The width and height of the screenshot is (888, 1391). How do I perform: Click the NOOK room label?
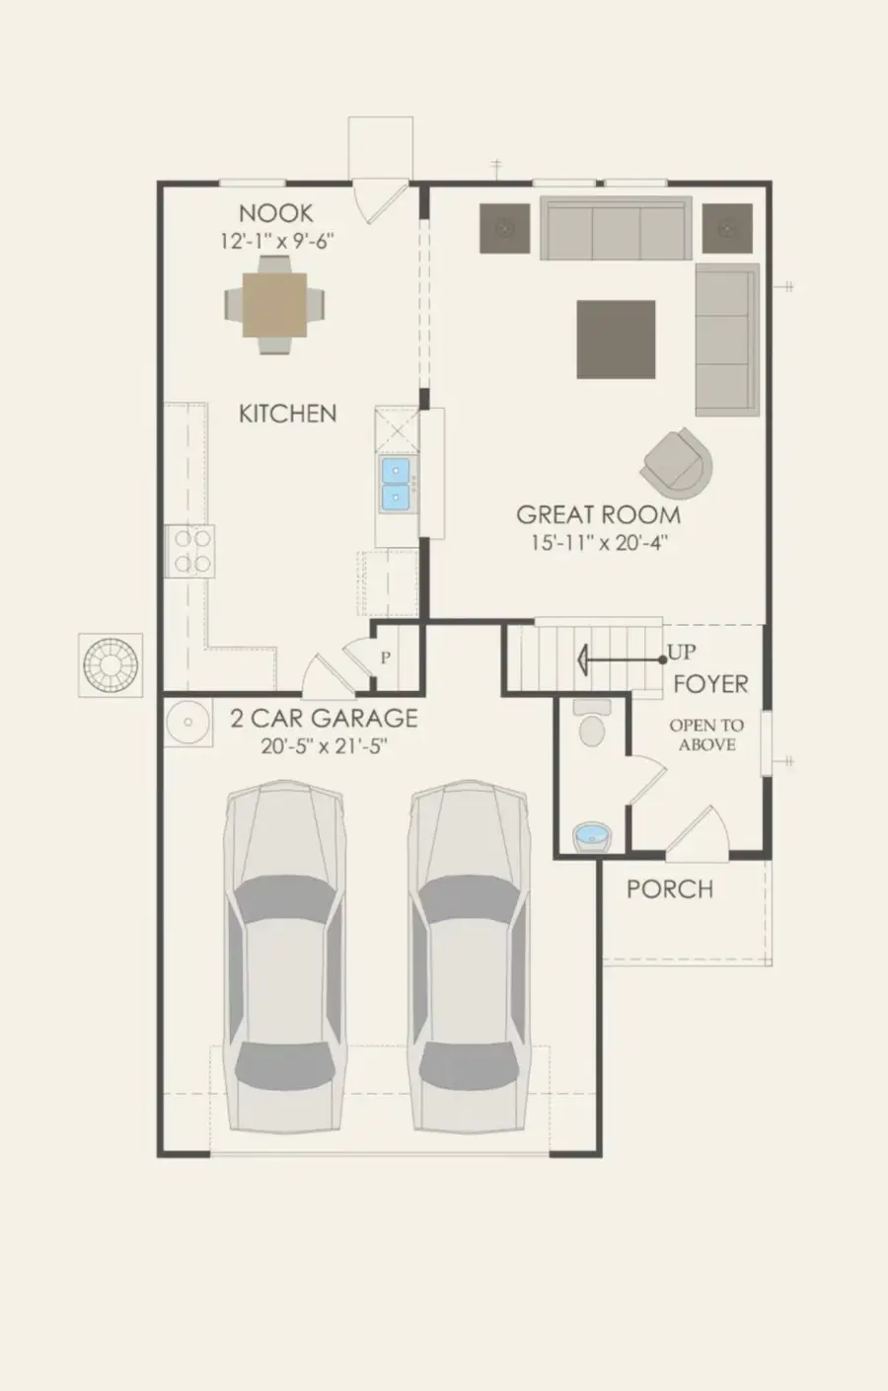(276, 212)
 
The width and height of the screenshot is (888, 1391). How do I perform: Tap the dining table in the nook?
(275, 305)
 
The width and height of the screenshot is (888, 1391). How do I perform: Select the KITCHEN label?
(287, 414)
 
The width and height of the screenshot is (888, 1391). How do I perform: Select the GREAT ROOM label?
(598, 514)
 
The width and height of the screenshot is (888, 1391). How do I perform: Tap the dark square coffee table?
(616, 340)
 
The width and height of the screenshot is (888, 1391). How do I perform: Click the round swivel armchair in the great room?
(679, 461)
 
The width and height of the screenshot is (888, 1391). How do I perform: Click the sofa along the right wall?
(727, 340)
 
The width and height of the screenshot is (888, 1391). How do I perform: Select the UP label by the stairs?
(682, 653)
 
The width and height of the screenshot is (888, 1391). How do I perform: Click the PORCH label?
(669, 889)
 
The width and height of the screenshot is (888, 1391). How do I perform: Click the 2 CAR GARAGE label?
(324, 718)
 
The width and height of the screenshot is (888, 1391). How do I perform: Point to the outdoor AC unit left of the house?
(111, 664)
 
